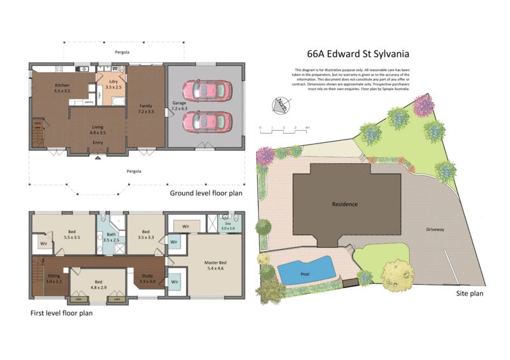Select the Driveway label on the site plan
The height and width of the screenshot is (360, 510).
pos(435,229)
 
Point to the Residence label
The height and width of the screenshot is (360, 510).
pos(344,204)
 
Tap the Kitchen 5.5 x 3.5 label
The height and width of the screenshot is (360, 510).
pos(62,89)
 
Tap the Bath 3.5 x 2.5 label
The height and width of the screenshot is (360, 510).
pos(112,237)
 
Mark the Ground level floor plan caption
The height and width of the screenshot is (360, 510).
pos(205,193)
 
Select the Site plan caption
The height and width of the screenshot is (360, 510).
pos(469,294)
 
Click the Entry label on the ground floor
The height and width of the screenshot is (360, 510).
pos(98,143)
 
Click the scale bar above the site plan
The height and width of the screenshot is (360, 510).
pos(284,129)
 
